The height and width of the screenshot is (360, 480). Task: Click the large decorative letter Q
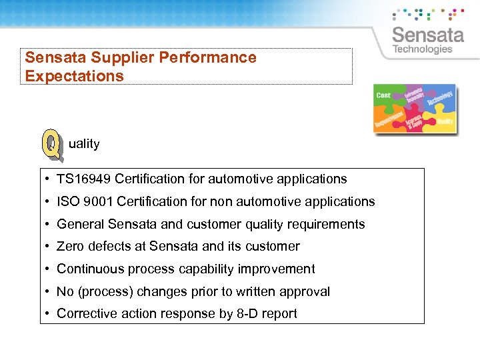pyautogui.click(x=52, y=145)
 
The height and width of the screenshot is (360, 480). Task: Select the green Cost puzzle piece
pyautogui.click(x=385, y=97)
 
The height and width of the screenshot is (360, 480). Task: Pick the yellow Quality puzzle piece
pyautogui.click(x=445, y=121)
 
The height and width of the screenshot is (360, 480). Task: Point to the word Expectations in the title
pyautogui.click(x=74, y=76)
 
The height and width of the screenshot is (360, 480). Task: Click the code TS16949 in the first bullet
pyautogui.click(x=84, y=179)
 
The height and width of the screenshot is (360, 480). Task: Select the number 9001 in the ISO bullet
pyautogui.click(x=98, y=201)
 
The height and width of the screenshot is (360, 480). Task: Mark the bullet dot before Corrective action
pyautogui.click(x=49, y=314)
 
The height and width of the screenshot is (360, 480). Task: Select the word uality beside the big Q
pyautogui.click(x=84, y=143)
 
